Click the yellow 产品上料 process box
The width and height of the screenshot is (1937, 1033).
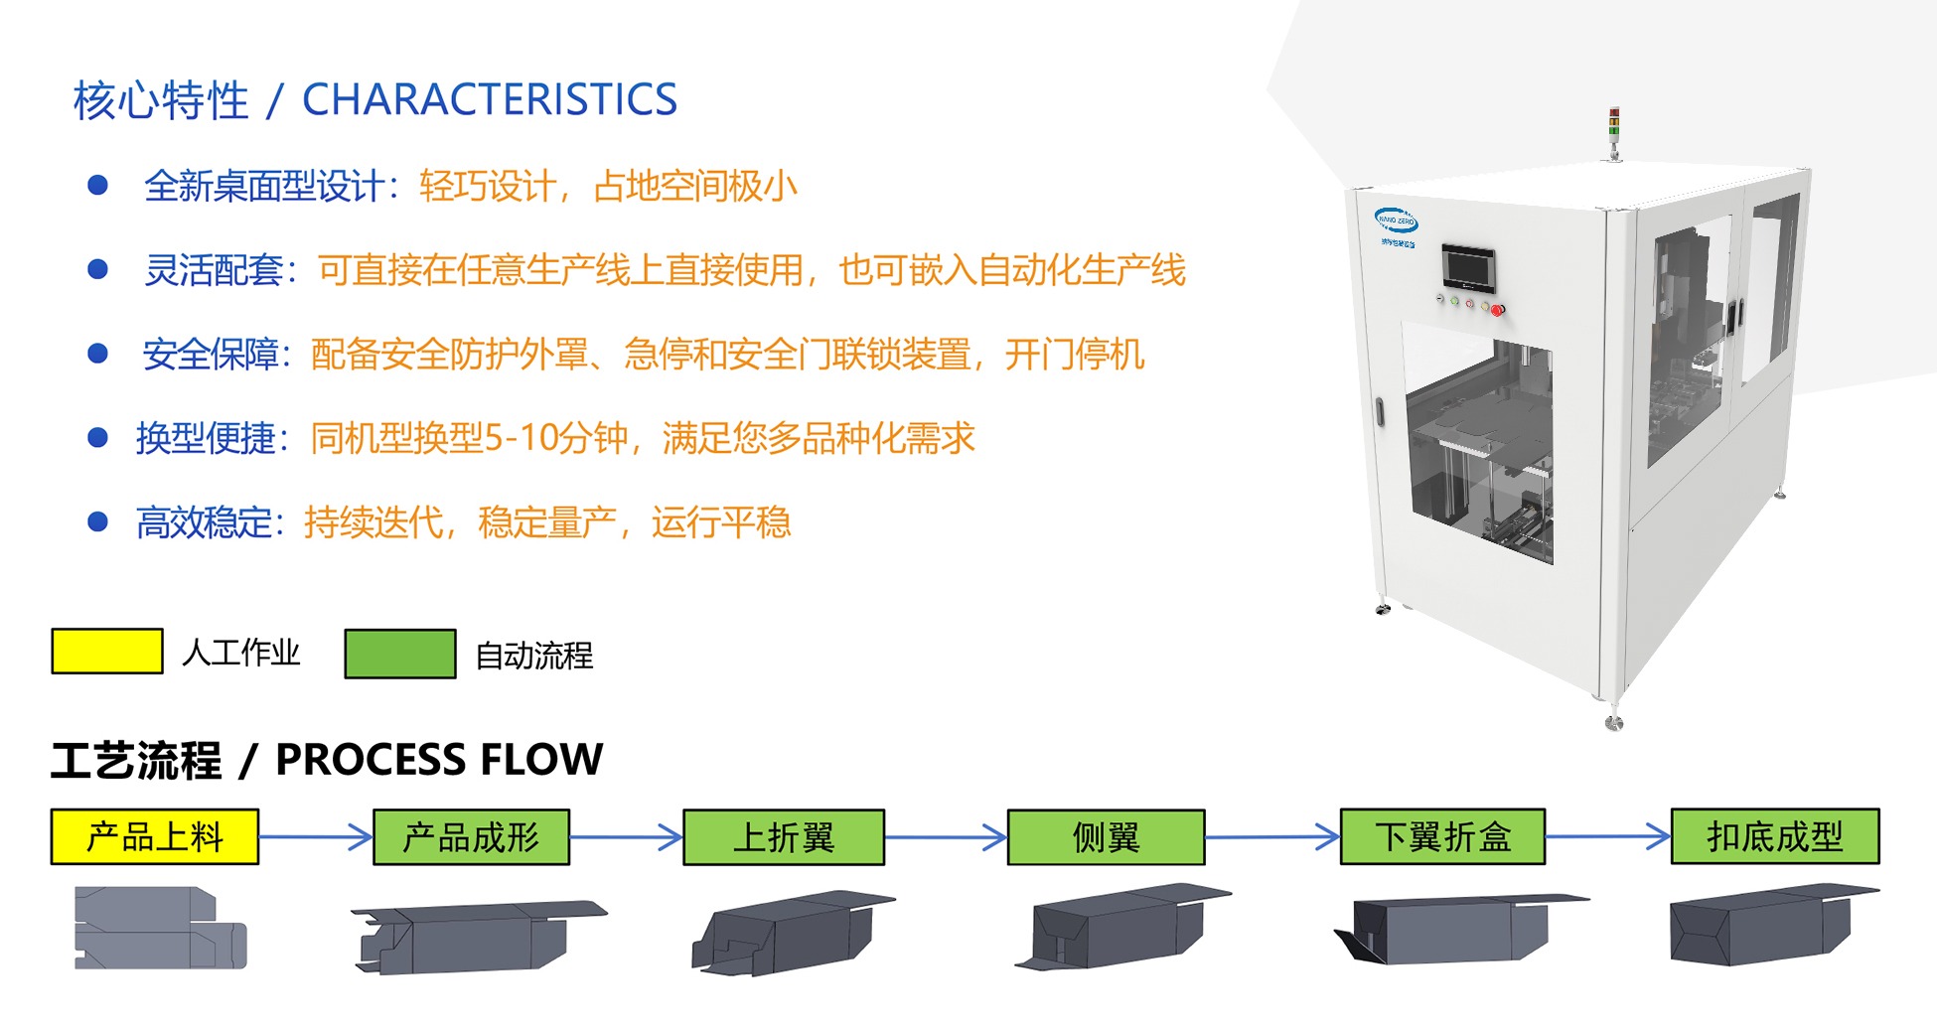(x=155, y=836)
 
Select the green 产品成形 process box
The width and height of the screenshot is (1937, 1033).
(x=471, y=836)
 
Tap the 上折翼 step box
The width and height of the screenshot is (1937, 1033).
(x=784, y=836)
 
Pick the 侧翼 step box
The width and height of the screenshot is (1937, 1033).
(x=1106, y=836)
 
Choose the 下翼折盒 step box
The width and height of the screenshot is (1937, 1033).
(x=1442, y=836)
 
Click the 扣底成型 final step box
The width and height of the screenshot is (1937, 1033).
(x=1775, y=836)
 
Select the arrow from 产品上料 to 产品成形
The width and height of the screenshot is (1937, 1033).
(x=316, y=836)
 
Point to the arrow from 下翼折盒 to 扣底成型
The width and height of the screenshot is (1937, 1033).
(x=1608, y=836)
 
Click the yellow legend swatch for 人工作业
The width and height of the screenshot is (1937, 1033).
(x=107, y=652)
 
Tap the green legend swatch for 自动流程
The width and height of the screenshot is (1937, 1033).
(x=400, y=654)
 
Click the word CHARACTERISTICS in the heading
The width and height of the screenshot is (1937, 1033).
(x=490, y=99)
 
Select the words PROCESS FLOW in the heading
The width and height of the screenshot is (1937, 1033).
(x=439, y=760)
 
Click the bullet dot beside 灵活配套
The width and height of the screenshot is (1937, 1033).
(x=97, y=269)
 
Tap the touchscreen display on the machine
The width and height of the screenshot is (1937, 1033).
(x=1469, y=266)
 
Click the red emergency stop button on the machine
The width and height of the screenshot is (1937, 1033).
(x=1498, y=310)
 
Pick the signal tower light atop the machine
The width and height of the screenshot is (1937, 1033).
(x=1614, y=132)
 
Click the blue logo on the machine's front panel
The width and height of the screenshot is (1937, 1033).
(x=1396, y=221)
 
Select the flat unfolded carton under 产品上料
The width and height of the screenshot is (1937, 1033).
(x=161, y=928)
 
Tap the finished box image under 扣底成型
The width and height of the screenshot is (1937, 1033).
(x=1774, y=924)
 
